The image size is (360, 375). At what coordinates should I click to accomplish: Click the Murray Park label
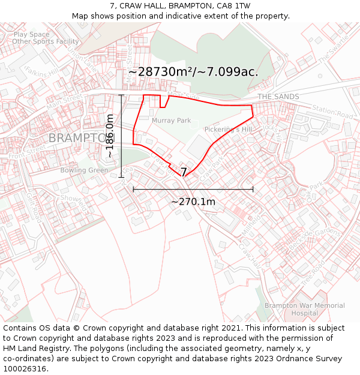click(171, 121)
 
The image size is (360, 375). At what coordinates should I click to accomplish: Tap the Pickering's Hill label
click(228, 130)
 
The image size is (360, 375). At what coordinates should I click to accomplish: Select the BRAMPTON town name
click(77, 138)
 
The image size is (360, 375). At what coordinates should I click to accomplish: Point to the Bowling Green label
click(84, 170)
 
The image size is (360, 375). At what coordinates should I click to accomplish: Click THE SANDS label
click(278, 97)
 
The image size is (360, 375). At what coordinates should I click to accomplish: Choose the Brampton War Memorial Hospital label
click(305, 310)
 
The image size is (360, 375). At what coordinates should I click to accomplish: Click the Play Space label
click(31, 35)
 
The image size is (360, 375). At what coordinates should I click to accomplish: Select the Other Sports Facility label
click(45, 42)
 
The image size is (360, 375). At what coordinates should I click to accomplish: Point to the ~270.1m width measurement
click(193, 202)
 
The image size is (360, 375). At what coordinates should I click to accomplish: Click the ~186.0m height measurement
click(110, 136)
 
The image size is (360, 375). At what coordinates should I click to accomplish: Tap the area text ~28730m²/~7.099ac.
click(193, 72)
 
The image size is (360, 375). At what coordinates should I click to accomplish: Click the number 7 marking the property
click(184, 173)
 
